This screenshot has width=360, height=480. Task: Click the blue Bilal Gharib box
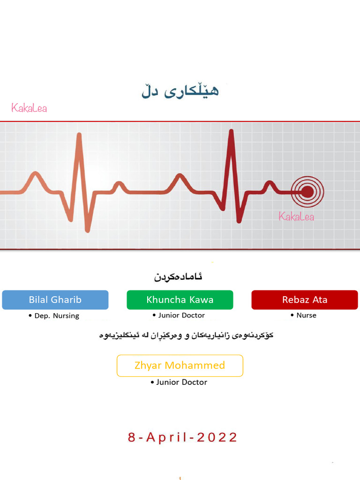[55, 300]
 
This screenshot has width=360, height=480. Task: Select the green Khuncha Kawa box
[180, 300]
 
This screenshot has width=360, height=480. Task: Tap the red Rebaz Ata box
[305, 300]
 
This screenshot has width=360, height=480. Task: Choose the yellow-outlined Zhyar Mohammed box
[180, 366]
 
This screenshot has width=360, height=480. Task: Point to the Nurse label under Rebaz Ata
[306, 315]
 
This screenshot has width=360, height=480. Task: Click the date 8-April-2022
[183, 438]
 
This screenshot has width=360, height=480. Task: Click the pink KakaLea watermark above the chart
[29, 108]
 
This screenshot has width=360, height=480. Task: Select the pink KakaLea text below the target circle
[296, 217]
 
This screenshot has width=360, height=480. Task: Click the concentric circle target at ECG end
[307, 191]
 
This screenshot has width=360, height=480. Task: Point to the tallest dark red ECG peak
[231, 132]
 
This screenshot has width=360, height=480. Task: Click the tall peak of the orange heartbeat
[79, 135]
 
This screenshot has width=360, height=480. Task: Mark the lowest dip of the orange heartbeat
[87, 230]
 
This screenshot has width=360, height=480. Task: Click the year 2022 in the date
[217, 438]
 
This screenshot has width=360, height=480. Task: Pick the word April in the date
[166, 438]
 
